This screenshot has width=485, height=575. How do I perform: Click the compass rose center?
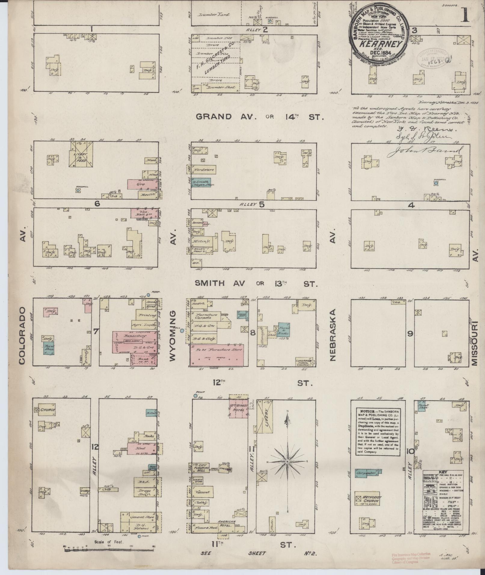(288, 470)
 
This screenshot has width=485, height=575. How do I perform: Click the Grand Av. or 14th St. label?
(259, 117)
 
